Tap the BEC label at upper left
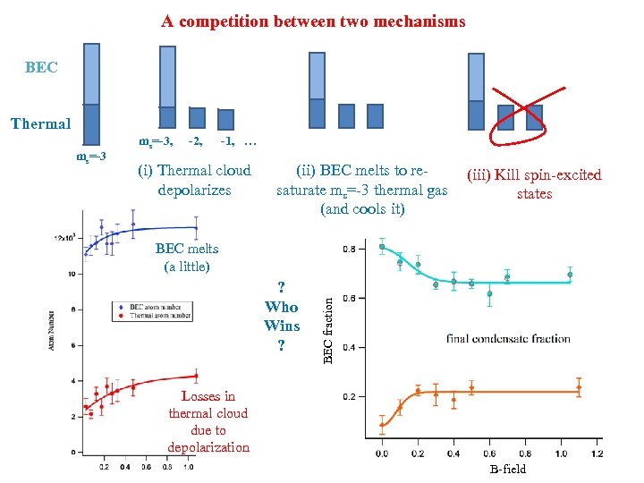(x=41, y=68)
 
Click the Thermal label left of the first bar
(x=40, y=123)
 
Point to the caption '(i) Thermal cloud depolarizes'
(x=193, y=180)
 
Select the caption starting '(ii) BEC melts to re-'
(x=362, y=190)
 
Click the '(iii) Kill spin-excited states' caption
(x=534, y=184)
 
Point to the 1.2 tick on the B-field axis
(x=597, y=453)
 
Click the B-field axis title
(x=508, y=469)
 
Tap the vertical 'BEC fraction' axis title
(x=328, y=318)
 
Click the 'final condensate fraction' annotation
(x=508, y=338)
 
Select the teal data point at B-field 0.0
(x=382, y=247)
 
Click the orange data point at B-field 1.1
(x=579, y=388)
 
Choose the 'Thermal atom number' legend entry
(x=159, y=315)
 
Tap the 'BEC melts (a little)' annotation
(x=187, y=258)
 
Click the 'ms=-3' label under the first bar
(x=90, y=157)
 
